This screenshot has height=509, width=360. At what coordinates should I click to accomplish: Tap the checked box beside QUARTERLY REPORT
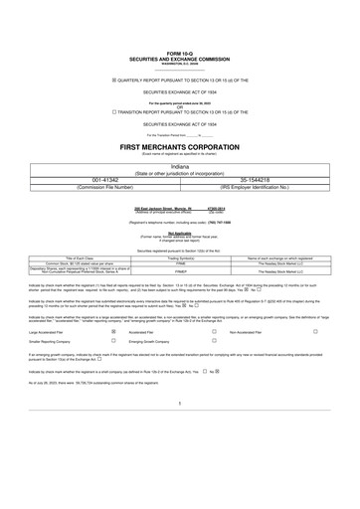click(x=114, y=79)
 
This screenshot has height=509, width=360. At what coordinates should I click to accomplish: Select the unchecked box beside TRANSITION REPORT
click(x=114, y=112)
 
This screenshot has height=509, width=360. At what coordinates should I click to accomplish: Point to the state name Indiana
click(x=180, y=168)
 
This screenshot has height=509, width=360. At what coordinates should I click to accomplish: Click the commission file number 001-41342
click(x=91, y=180)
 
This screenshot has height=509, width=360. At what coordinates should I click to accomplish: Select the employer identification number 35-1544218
click(x=269, y=180)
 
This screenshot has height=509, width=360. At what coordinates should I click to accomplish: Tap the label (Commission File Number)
click(x=91, y=187)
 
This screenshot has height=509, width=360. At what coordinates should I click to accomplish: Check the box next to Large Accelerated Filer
click(x=113, y=333)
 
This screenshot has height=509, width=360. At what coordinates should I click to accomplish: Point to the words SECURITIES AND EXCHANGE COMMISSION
click(x=180, y=57)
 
